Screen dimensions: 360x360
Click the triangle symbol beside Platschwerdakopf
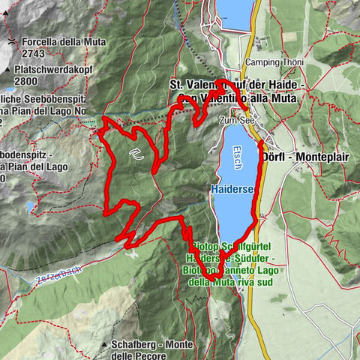(7, 68)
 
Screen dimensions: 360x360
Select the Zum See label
(234, 119)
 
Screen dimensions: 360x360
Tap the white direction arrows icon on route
(136, 155)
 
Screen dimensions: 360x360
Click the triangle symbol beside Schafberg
(103, 344)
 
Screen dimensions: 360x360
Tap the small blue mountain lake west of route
(29, 205)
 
